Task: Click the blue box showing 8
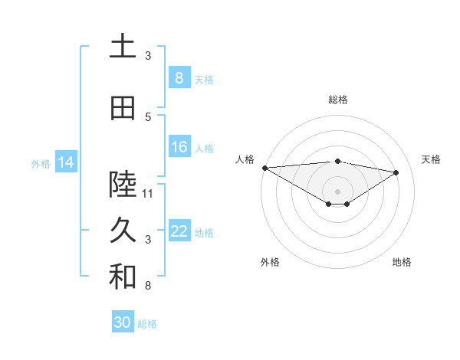[x=179, y=78]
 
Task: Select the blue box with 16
[x=179, y=147]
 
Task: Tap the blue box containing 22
[x=179, y=231]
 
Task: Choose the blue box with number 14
[x=66, y=162]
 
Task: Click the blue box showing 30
[x=123, y=322]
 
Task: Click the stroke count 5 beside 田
[x=148, y=116]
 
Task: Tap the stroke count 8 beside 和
[x=148, y=286]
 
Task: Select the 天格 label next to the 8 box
[x=204, y=79]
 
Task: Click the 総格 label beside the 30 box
[x=147, y=324]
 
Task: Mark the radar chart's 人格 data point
[x=264, y=168]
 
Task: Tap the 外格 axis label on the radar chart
[x=270, y=262]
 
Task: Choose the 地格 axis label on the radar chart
[x=402, y=262]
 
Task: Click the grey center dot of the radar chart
[x=337, y=190]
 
